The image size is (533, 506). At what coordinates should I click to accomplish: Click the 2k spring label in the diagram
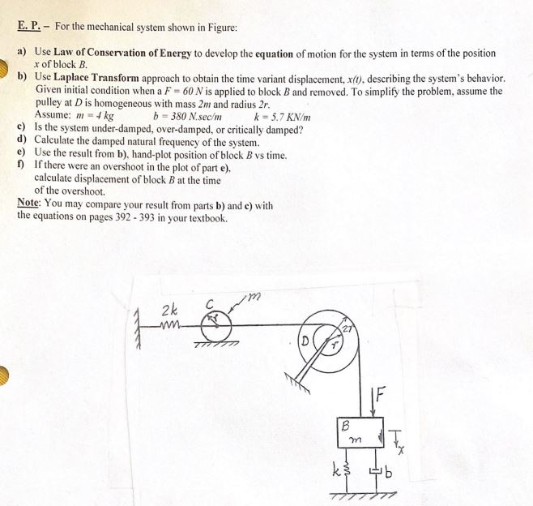coord(171,310)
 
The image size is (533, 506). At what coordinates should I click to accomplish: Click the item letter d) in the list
coord(22,141)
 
